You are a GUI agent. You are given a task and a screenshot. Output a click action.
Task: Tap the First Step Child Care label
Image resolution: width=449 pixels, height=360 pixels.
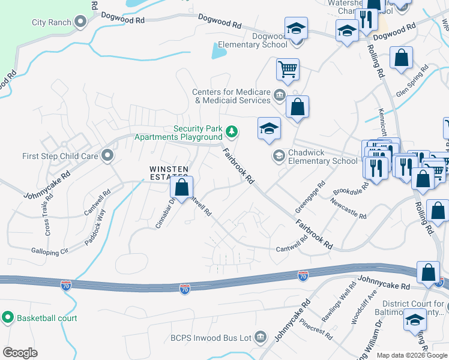tap(60, 156)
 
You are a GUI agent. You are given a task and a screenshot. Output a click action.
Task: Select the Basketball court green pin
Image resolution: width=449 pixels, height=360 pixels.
tap(8, 317)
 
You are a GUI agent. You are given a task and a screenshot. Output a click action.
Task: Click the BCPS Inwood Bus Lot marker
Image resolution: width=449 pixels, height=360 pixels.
tap(260, 338)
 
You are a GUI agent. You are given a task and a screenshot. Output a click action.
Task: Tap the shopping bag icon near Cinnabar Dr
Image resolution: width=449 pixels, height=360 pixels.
tap(182, 188)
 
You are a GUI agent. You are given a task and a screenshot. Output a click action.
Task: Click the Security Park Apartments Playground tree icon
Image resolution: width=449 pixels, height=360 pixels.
tap(231, 130)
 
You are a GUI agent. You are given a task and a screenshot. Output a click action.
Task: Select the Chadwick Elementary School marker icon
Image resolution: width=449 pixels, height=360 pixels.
tap(279, 156)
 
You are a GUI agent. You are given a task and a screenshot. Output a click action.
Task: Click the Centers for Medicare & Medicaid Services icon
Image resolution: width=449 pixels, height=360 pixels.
tap(279, 95)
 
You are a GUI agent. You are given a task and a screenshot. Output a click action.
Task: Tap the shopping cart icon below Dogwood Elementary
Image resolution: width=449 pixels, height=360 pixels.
tap(288, 69)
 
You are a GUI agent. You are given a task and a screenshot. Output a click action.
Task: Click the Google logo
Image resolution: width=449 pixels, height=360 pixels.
tap(20, 352)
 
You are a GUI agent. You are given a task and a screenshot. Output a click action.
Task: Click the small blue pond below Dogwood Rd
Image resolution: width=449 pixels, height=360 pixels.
tap(218, 52)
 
